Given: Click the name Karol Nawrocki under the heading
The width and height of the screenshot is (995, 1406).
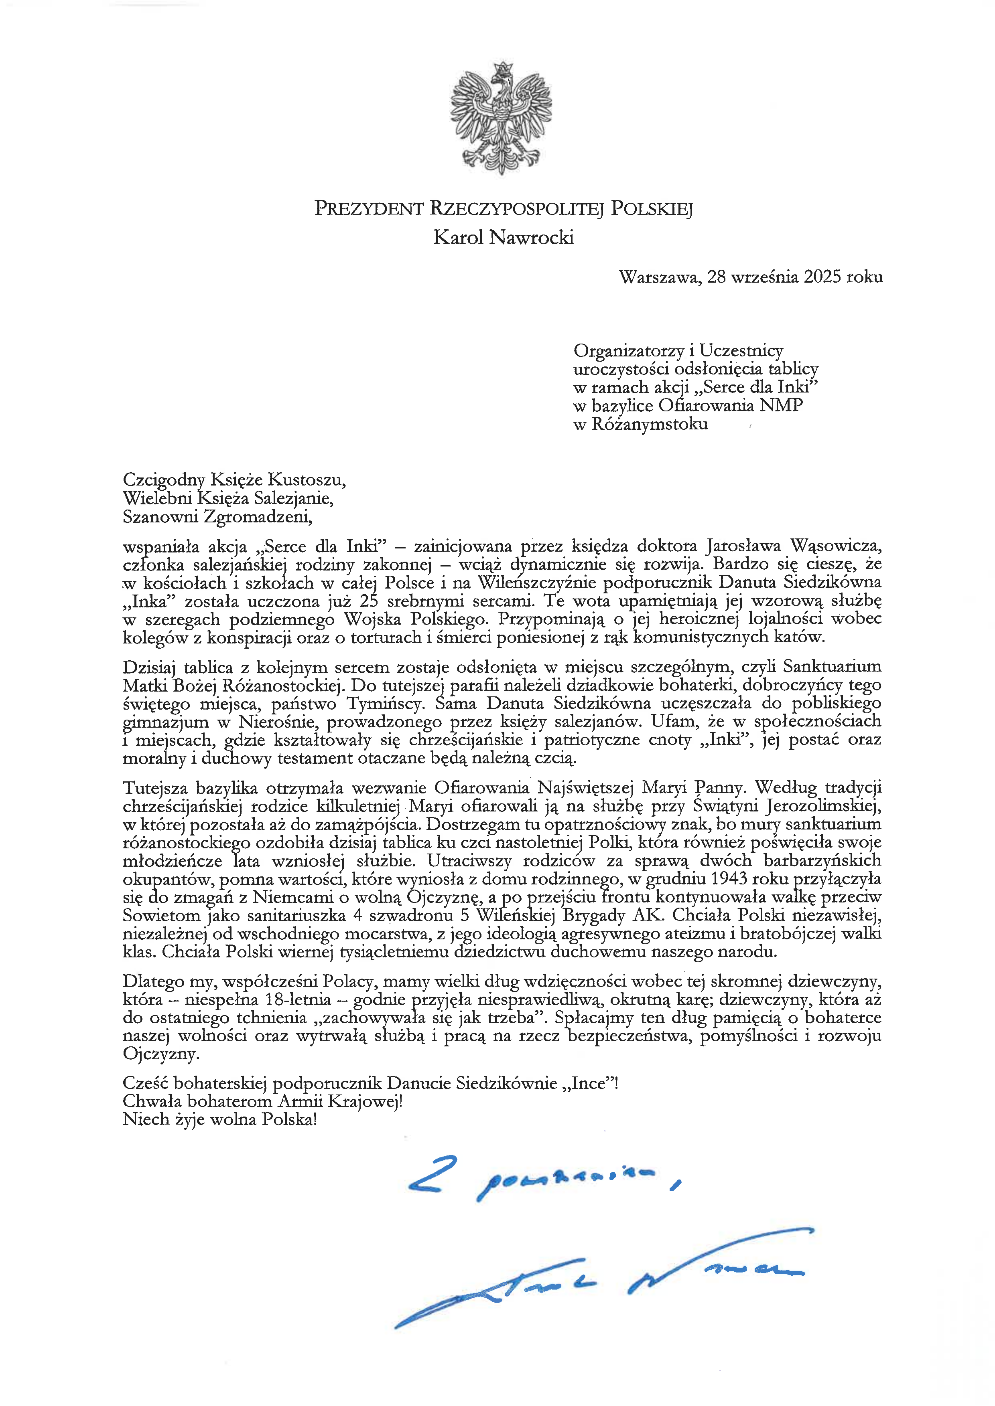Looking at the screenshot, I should point(503,238).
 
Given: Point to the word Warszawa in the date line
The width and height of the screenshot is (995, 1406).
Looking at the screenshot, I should point(659,277).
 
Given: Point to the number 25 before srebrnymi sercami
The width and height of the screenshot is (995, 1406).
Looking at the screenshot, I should point(369,601).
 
